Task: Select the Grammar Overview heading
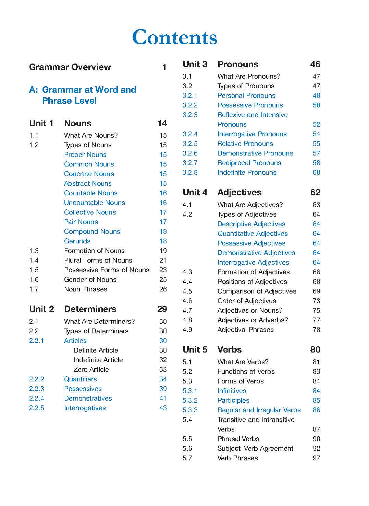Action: [x=70, y=67]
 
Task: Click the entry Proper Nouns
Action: [x=85, y=154]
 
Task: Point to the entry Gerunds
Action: [x=77, y=241]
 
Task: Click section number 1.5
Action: [x=34, y=270]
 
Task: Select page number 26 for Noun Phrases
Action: [x=163, y=289]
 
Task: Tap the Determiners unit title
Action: [x=90, y=309]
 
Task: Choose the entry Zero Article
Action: [x=91, y=369]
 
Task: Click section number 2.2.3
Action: [x=37, y=389]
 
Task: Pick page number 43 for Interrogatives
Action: [x=163, y=408]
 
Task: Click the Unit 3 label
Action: [x=195, y=64]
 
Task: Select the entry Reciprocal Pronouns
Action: [x=249, y=163]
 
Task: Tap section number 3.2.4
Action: [x=190, y=134]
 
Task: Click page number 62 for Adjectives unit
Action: [x=315, y=192]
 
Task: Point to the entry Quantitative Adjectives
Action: [x=253, y=233]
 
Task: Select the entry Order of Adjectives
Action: [x=247, y=301]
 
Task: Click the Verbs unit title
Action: [x=230, y=349]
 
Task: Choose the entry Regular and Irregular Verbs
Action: [x=259, y=410]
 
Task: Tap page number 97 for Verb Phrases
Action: [x=316, y=458]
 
